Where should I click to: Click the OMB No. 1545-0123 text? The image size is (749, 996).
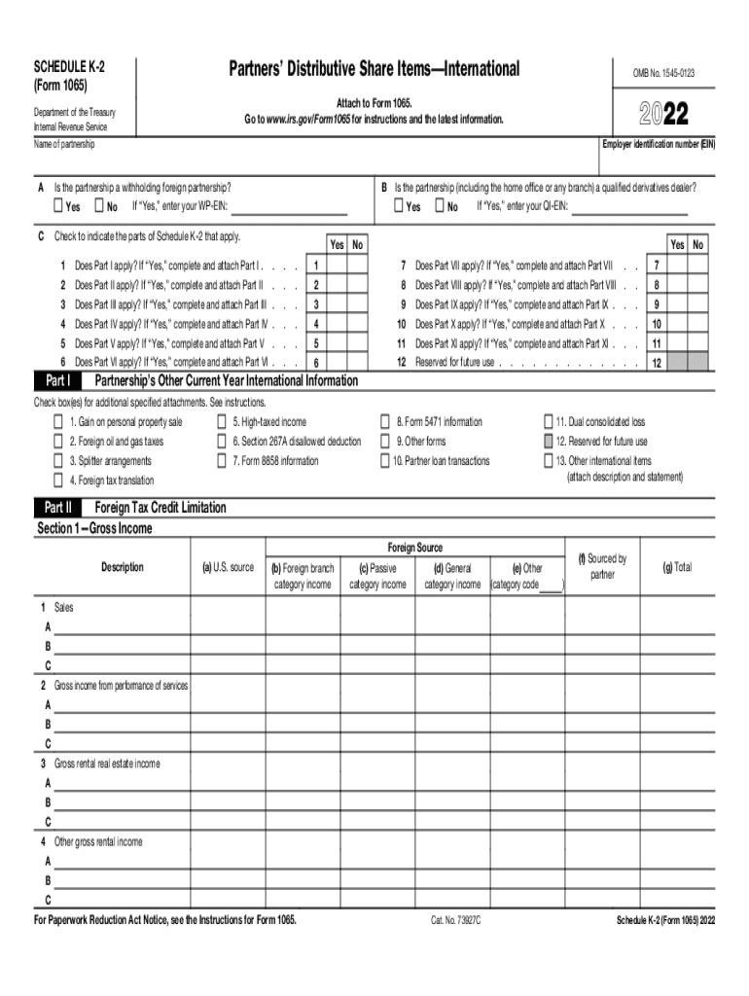pyautogui.click(x=664, y=73)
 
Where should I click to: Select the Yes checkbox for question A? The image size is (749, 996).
pyautogui.click(x=57, y=206)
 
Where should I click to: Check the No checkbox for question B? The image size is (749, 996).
pyautogui.click(x=440, y=206)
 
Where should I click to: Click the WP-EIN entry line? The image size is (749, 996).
pyautogui.click(x=289, y=208)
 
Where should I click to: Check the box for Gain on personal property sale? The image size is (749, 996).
pyautogui.click(x=58, y=422)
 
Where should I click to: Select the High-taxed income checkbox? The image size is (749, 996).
pyautogui.click(x=222, y=422)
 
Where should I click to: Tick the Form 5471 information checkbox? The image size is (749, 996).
pyautogui.click(x=385, y=422)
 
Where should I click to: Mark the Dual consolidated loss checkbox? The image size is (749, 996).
pyautogui.click(x=549, y=422)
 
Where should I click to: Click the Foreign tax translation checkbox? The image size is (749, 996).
pyautogui.click(x=58, y=480)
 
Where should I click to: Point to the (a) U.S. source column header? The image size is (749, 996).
pyautogui.click(x=227, y=567)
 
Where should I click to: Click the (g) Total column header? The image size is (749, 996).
pyautogui.click(x=676, y=567)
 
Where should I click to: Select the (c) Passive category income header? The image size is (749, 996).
pyautogui.click(x=377, y=576)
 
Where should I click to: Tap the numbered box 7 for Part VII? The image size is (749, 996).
pyautogui.click(x=657, y=266)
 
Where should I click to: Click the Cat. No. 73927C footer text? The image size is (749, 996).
pyautogui.click(x=456, y=919)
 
